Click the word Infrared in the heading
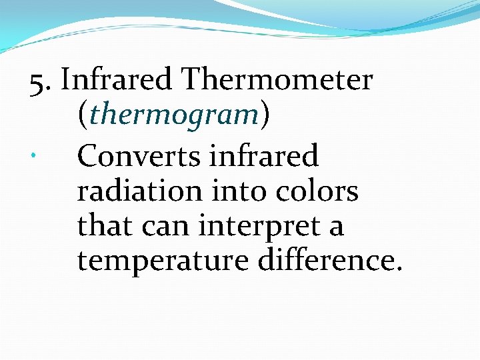[x=117, y=81]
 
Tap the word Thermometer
[x=277, y=81]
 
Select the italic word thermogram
[x=173, y=115]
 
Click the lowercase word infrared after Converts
[x=263, y=157]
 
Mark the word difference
[x=324, y=261]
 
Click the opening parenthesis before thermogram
[x=82, y=115]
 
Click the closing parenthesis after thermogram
[x=265, y=115]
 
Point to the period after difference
[x=399, y=269]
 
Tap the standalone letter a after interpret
[x=336, y=229]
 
